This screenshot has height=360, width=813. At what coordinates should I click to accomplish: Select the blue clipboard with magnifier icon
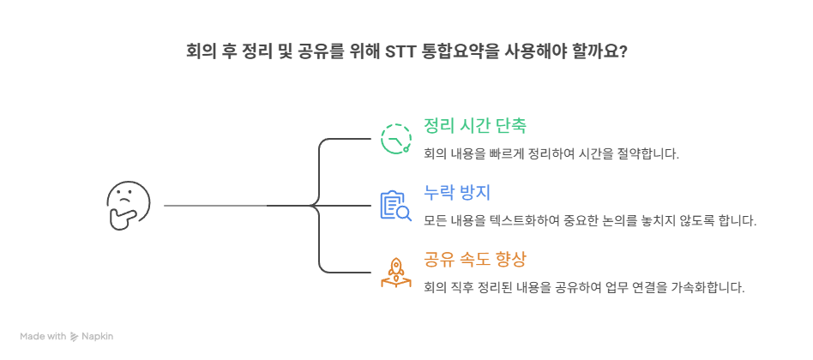[x=396, y=206]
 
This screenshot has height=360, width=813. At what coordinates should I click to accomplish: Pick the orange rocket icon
[x=396, y=272]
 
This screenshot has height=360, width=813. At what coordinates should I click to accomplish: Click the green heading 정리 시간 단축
[x=474, y=125]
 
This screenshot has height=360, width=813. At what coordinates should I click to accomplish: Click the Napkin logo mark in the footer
[x=75, y=337]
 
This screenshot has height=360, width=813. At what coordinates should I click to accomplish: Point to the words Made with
[x=43, y=337]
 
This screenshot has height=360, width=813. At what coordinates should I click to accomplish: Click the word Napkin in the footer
[x=98, y=337]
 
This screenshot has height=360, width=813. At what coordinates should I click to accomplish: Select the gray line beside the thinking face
[x=214, y=206]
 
